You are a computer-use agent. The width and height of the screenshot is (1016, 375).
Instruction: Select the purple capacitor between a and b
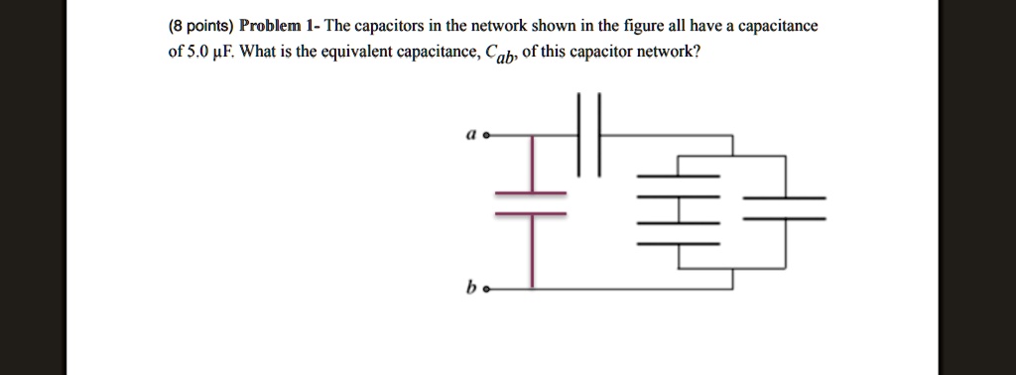coord(531,202)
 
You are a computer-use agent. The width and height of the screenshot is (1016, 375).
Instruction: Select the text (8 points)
coord(200,26)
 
